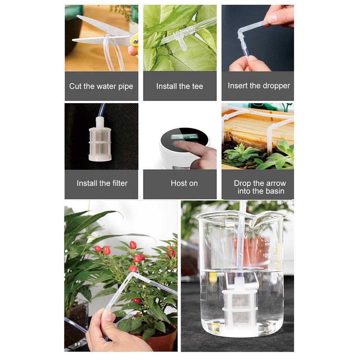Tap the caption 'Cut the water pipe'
tap(101, 86)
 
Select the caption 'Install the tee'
tap(180, 86)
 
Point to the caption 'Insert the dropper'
tap(259, 86)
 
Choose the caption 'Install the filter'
tap(102, 183)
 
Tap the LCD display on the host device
tap(184, 137)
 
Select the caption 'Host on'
tap(184, 183)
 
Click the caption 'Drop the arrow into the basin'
tap(260, 187)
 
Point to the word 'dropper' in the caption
tap(276, 86)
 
